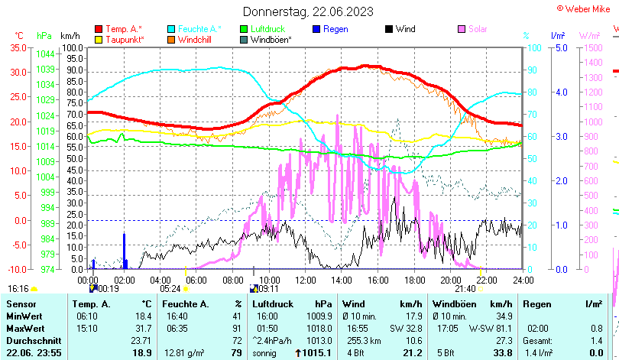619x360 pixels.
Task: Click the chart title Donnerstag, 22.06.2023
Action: (309, 11)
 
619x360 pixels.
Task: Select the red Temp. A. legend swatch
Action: (99, 29)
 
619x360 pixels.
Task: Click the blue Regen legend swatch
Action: (316, 29)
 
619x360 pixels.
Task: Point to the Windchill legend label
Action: (196, 39)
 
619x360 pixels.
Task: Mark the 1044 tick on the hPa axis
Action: (45, 54)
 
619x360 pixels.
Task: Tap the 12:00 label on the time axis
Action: (305, 280)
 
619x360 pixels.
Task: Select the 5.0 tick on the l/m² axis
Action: (559, 47)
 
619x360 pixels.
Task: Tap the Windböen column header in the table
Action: (449, 304)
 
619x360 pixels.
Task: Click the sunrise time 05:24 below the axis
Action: (171, 289)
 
